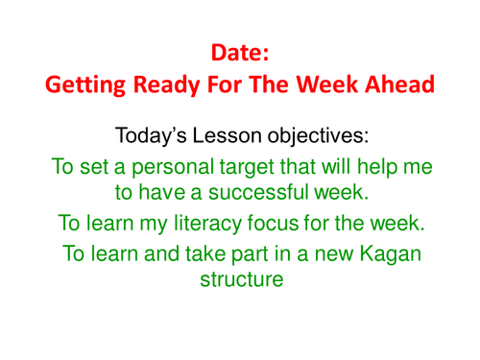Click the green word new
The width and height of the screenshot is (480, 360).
(x=321, y=254)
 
